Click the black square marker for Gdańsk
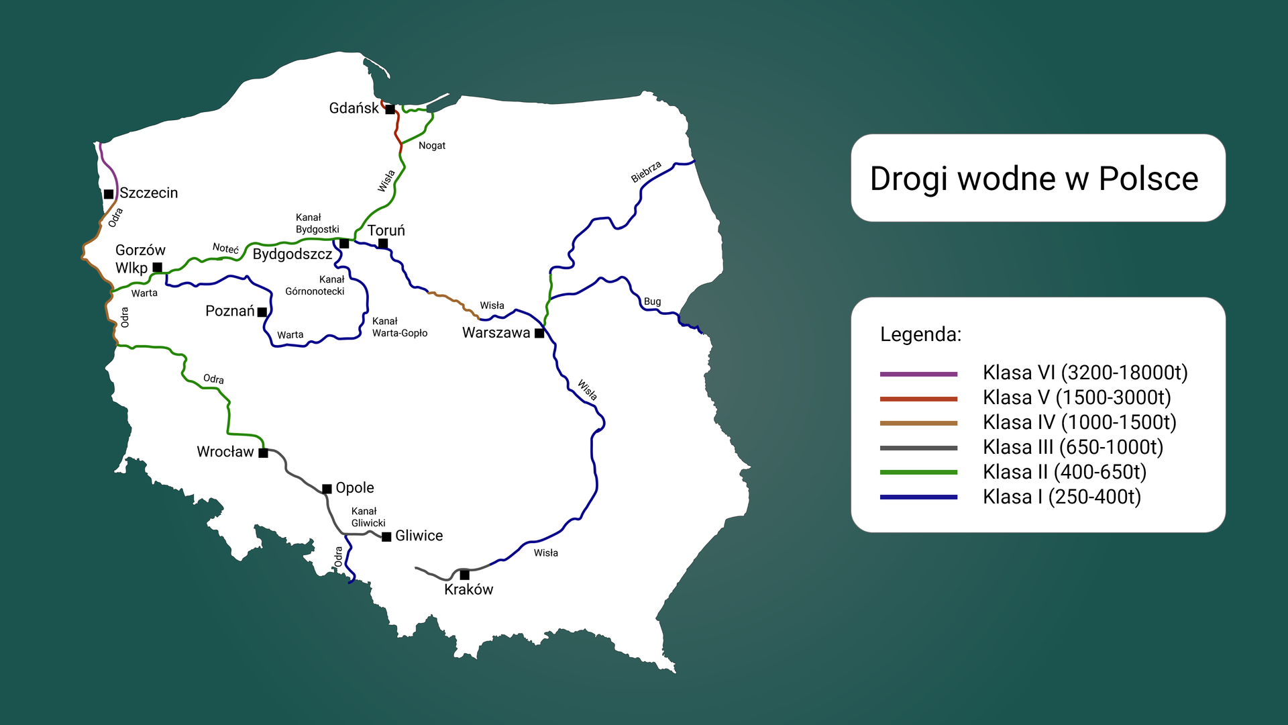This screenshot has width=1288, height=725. click(390, 109)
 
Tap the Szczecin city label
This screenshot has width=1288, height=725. click(149, 193)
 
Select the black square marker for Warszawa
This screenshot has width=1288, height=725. click(539, 334)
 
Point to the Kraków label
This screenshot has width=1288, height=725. click(468, 589)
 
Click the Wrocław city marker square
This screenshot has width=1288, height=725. click(263, 453)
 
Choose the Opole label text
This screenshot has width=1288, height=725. click(354, 488)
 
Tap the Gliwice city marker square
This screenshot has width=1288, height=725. click(386, 537)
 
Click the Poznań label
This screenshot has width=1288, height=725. click(229, 311)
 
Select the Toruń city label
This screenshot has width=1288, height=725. click(386, 231)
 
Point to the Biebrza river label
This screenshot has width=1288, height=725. click(646, 172)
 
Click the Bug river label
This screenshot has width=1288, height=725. click(652, 301)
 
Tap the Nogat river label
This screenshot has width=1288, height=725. click(432, 146)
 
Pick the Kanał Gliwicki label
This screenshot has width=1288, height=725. click(368, 517)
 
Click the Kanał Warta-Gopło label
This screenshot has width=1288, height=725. click(399, 327)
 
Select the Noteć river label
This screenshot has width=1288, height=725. click(225, 248)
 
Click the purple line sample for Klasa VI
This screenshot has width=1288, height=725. click(918, 374)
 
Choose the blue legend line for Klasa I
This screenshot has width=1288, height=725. click(918, 497)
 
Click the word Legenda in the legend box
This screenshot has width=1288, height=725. click(920, 334)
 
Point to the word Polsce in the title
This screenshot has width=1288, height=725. click(1148, 179)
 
